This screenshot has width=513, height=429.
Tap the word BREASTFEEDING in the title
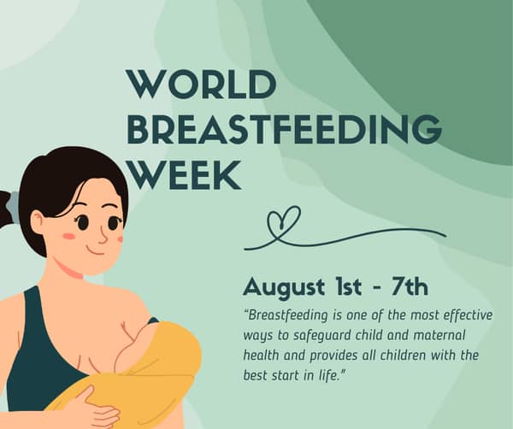[283, 131]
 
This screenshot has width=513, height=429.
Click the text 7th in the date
[409, 285]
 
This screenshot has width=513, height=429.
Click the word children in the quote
[410, 354]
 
